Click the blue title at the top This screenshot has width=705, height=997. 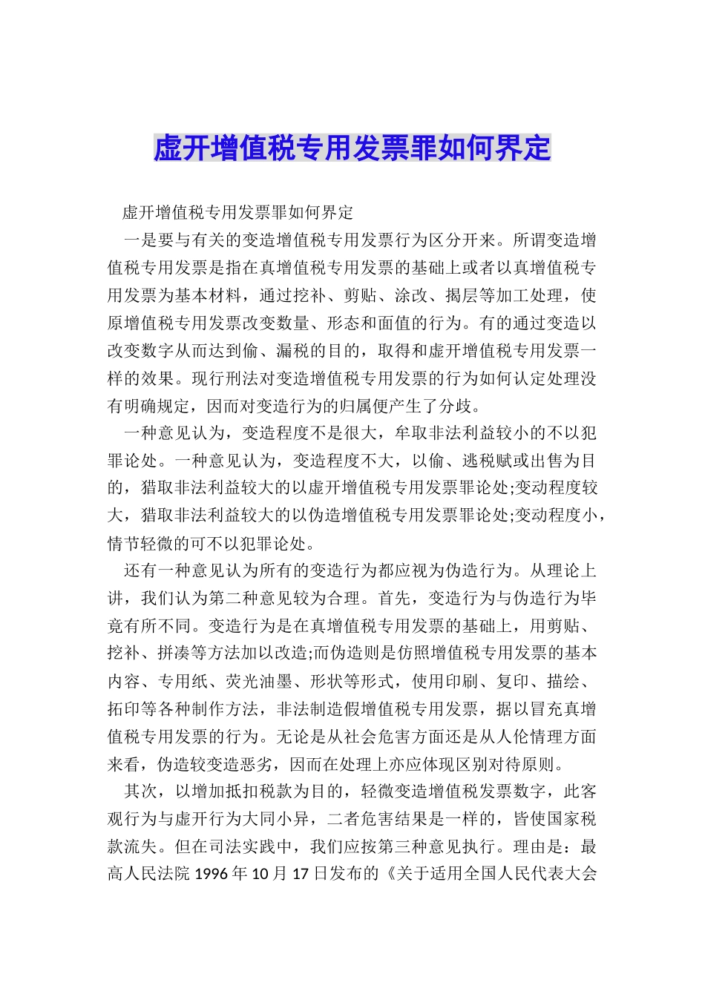[352, 148]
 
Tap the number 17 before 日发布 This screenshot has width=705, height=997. [300, 874]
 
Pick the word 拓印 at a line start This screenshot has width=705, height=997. [124, 709]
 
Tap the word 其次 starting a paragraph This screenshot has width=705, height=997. [141, 792]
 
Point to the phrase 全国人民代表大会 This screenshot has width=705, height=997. [530, 874]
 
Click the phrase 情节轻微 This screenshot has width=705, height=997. [141, 543]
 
